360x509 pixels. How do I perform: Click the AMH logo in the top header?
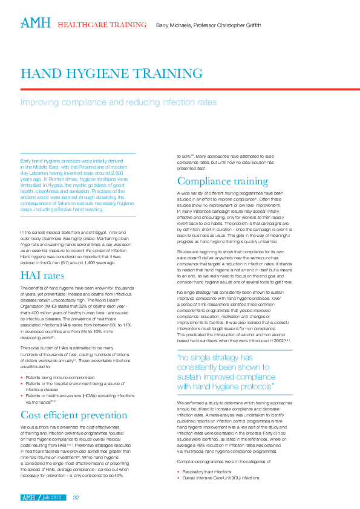tap(36, 23)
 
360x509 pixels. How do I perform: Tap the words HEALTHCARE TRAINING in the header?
tap(102, 25)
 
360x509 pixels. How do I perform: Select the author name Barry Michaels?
tap(173, 25)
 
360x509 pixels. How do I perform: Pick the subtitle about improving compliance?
tap(119, 102)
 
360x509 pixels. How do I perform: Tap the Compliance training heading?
tap(223, 181)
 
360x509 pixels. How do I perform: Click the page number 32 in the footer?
tap(76, 498)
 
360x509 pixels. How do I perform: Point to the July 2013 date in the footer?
tap(53, 498)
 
